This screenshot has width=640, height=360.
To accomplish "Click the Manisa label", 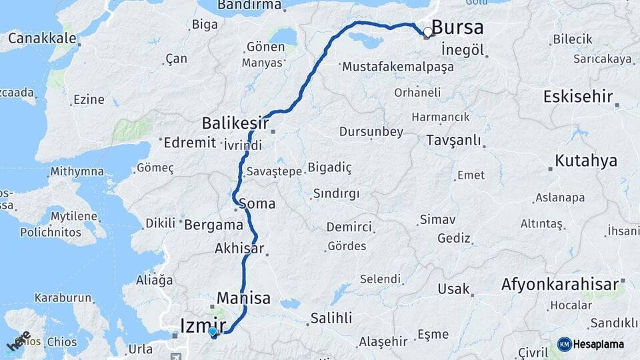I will pos(243,298).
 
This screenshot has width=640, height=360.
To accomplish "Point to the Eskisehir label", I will pos(577,97).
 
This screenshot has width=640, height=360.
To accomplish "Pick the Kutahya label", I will pos(586,161).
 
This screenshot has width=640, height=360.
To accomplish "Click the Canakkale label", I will pos(42,38).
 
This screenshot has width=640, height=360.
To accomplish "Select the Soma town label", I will pos(257,203).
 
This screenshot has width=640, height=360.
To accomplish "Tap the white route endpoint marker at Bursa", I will pos(427,31).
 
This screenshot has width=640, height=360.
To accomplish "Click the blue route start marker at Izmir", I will pos(213,331).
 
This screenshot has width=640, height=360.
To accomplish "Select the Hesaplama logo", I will pos(591,344).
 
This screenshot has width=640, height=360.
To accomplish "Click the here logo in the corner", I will pos(19,342).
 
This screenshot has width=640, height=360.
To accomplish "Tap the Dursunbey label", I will pos(371,132).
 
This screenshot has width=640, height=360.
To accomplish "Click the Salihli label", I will pos(331,319).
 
